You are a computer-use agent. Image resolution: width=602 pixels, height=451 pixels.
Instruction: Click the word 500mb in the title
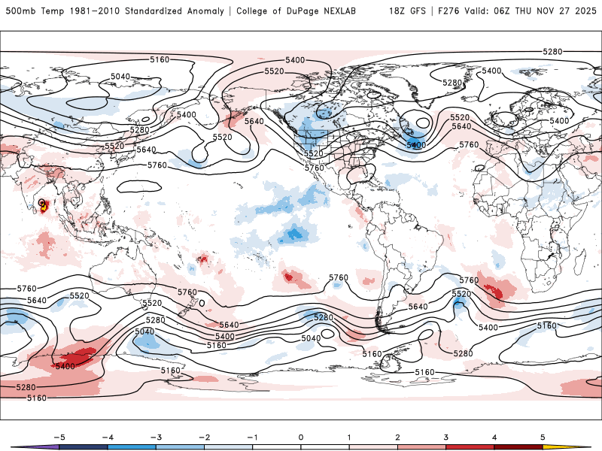(20, 11)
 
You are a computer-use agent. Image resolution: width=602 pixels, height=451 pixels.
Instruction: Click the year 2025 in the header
(584, 11)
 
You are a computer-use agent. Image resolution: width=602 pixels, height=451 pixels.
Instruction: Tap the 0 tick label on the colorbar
(301, 436)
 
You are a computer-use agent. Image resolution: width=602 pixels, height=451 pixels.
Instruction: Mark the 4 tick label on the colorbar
(495, 436)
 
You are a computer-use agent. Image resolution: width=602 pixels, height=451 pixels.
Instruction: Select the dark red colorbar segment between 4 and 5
(519, 446)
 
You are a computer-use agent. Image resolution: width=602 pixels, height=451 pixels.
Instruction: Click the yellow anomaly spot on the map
(44, 207)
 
